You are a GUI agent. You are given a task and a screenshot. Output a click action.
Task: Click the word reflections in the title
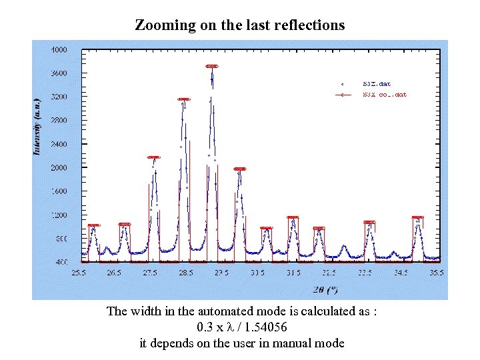tap(313, 25)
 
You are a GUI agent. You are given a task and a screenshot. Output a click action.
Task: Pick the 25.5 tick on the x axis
tap(78, 273)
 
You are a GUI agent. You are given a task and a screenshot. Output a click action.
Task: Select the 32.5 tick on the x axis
tap(329, 273)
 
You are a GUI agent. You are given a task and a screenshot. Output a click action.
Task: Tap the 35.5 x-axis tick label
tap(437, 273)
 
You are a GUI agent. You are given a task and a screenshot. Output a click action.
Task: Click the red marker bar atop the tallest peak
tap(212, 66)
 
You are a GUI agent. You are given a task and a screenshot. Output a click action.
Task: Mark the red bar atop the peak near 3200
tap(184, 99)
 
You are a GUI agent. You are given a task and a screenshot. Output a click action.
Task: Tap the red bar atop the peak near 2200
tap(153, 157)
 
